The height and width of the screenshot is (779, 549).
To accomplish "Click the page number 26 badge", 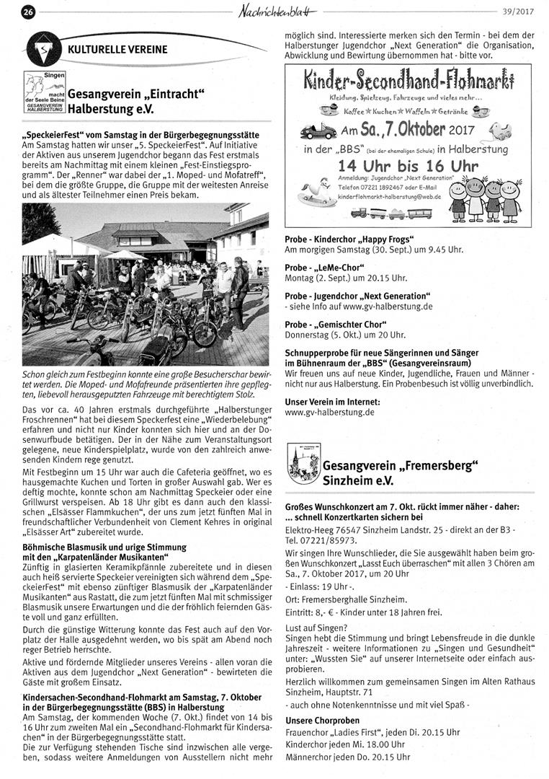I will [28, 11].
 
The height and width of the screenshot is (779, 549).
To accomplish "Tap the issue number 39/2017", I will [519, 10].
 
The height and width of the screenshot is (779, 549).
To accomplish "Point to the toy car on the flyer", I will [317, 132].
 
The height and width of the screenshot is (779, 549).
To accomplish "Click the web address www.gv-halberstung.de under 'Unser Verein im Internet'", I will [329, 412].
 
